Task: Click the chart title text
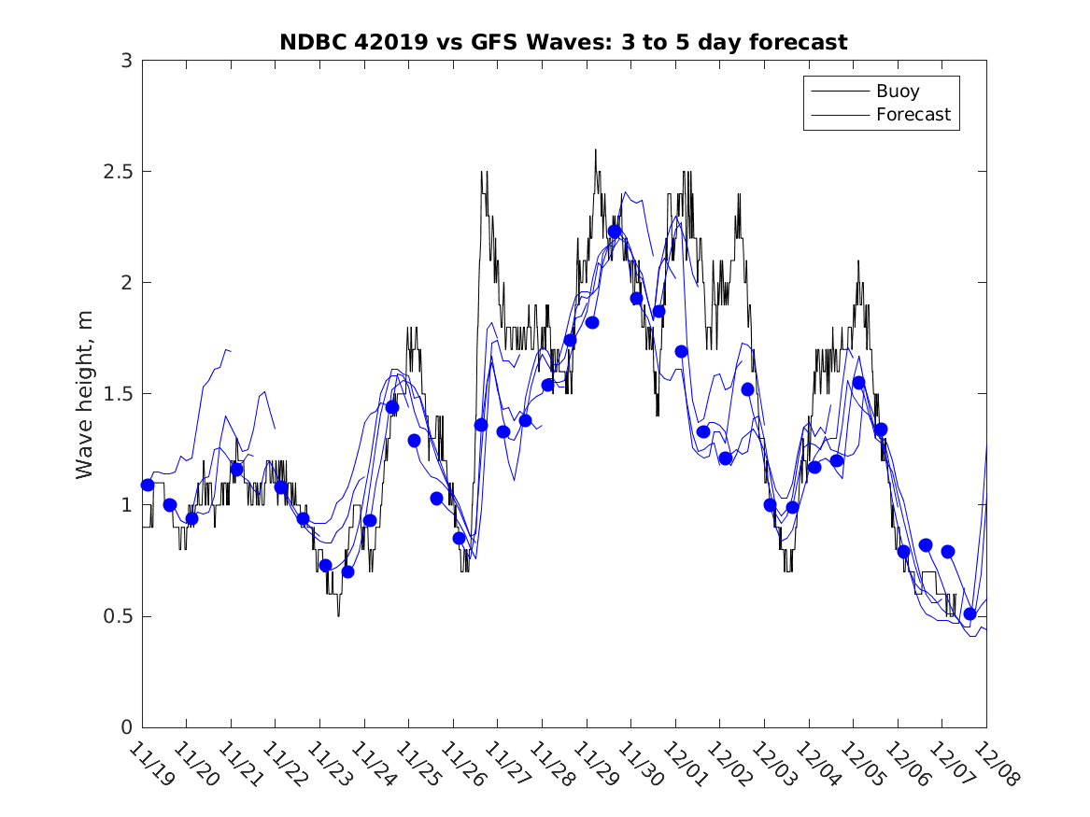[x=563, y=42]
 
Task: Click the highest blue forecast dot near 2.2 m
[x=615, y=232]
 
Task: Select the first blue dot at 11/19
[x=148, y=485]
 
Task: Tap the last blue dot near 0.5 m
[x=970, y=613]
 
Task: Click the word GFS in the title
[x=467, y=42]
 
